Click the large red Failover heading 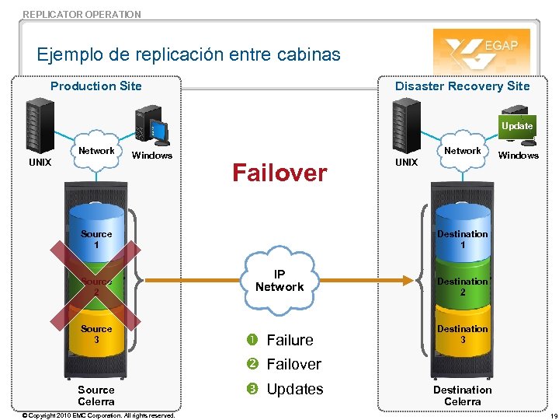tap(279, 173)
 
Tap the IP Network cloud tap(279, 281)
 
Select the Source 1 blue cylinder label tap(96, 240)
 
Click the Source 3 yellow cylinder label tap(96, 334)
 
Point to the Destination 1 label tap(462, 240)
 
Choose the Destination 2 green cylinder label tap(462, 287)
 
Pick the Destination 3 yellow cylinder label tap(462, 334)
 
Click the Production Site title tap(96, 86)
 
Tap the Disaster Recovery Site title tap(462, 86)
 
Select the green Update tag tap(517, 126)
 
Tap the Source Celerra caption tap(96, 396)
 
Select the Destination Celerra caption tap(462, 396)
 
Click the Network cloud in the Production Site tap(96, 151)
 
